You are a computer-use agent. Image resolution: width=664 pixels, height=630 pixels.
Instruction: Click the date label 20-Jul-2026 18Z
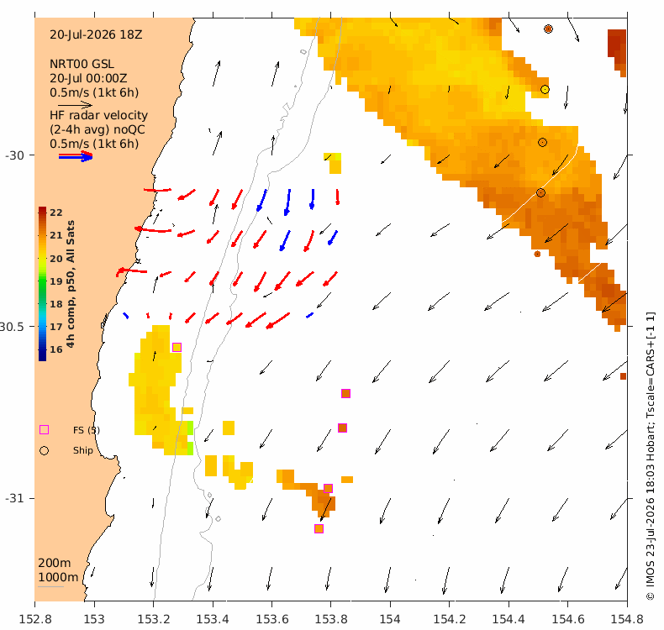tap(96, 34)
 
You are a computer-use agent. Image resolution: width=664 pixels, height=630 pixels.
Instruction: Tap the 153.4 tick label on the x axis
tap(213, 620)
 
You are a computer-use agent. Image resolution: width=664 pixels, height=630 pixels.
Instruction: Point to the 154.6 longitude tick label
tap(568, 620)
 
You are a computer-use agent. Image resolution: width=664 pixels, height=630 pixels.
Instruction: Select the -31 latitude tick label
tap(14, 498)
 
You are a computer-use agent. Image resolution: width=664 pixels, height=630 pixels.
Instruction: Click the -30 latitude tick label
tap(14, 155)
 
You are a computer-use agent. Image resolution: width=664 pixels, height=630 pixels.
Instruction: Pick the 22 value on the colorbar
tap(56, 213)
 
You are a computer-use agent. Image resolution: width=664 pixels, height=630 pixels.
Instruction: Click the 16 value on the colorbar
tap(56, 349)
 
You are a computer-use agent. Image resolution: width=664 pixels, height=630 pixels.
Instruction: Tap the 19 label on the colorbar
tap(56, 281)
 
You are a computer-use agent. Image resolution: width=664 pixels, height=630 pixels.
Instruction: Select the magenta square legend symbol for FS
tap(44, 430)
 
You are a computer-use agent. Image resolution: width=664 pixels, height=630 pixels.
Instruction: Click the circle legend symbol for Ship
tap(44, 450)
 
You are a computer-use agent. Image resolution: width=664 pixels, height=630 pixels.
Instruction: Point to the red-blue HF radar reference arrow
tap(76, 156)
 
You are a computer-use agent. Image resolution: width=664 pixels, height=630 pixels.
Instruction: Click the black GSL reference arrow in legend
tap(75, 104)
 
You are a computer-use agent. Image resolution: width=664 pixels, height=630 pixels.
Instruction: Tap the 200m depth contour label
tap(54, 563)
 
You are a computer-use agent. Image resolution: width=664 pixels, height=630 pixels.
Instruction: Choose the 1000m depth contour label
tap(58, 577)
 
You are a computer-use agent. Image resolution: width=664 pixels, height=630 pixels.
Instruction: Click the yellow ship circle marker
tap(545, 89)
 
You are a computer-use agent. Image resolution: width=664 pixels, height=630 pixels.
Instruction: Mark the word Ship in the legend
tap(83, 450)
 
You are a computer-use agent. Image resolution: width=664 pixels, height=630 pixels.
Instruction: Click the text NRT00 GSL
tap(82, 64)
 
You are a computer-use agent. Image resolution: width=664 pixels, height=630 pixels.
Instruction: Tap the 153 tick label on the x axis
tap(94, 620)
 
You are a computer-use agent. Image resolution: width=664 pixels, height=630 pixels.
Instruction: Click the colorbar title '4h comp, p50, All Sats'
tap(71, 284)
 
